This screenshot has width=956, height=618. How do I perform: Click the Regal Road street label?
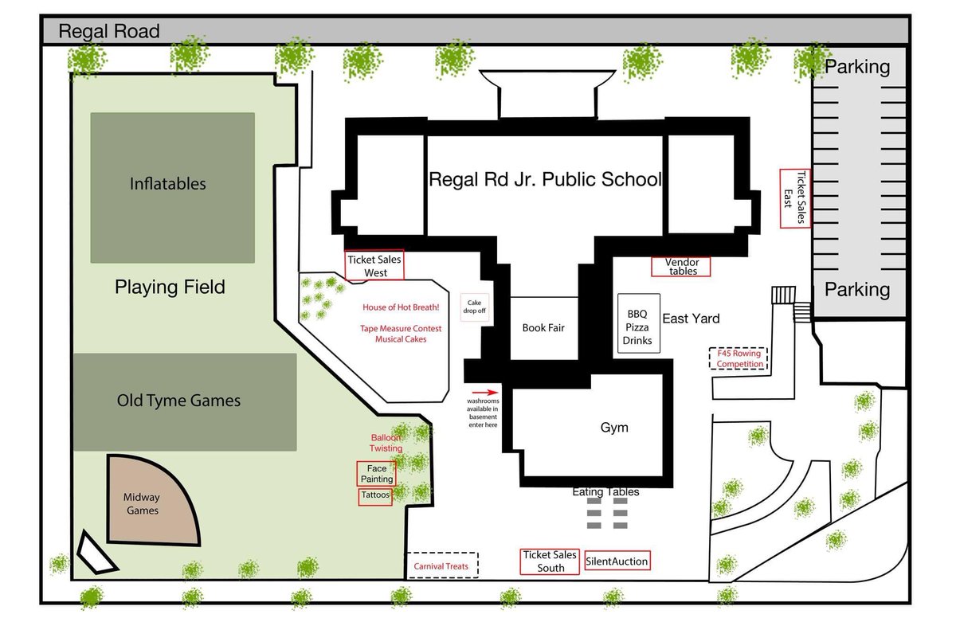[109, 31]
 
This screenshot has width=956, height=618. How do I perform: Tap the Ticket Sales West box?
[374, 265]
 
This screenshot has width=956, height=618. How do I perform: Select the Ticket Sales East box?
[795, 198]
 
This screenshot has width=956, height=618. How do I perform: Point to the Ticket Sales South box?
[550, 561]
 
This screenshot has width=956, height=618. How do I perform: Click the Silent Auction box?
[617, 561]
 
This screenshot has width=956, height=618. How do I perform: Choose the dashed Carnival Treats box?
[441, 565]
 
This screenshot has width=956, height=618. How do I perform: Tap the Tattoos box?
[375, 497]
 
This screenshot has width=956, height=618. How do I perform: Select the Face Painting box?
[376, 473]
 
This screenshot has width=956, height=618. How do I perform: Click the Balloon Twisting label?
[386, 443]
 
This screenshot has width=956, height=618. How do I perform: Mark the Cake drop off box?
[474, 307]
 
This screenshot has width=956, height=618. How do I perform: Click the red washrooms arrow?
[485, 393]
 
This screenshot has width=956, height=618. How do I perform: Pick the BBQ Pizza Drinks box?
[638, 323]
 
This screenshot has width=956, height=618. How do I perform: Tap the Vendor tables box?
[681, 267]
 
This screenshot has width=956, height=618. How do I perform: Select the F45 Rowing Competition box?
[739, 358]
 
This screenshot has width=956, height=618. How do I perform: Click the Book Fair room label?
[543, 327]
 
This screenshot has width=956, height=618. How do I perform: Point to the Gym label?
[614, 428]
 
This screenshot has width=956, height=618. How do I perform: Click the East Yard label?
[691, 319]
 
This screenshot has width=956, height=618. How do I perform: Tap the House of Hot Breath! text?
[401, 307]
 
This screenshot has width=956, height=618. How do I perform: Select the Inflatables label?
[168, 184]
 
